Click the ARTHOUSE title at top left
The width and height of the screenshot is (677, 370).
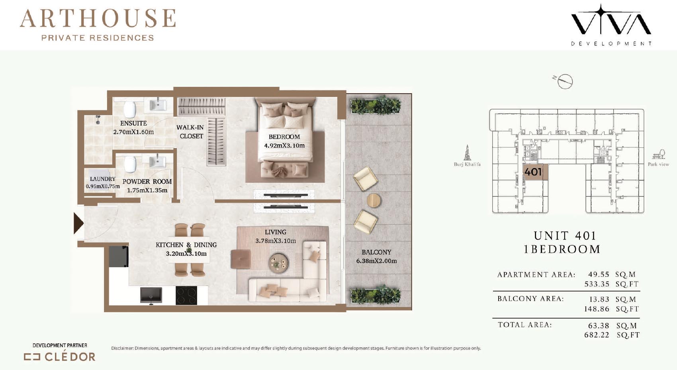[x=98, y=18]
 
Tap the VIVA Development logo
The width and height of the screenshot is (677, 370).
[x=611, y=25]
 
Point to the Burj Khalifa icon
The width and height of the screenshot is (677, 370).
[x=467, y=153]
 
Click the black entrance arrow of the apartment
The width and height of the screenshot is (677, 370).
[x=78, y=223]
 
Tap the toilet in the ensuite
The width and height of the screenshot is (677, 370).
[x=130, y=109]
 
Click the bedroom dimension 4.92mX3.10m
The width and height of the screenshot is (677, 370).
[x=284, y=146]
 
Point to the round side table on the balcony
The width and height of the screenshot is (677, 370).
[x=374, y=200]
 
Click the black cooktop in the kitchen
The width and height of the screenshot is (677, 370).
[x=186, y=296]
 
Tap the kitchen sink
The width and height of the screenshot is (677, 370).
[x=151, y=295]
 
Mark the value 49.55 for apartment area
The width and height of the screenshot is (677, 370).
[x=599, y=274]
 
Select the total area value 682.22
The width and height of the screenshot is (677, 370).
[x=597, y=335]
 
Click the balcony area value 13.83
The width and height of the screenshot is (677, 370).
[x=599, y=299]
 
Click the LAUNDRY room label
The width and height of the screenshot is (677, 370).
[x=103, y=179]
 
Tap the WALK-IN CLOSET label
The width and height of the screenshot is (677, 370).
[x=190, y=132]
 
